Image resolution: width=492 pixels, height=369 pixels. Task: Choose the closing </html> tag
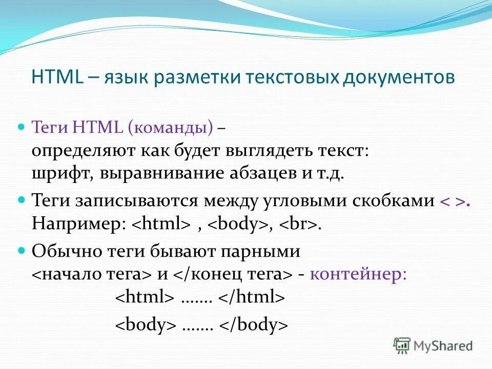pyautogui.click(x=251, y=297)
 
